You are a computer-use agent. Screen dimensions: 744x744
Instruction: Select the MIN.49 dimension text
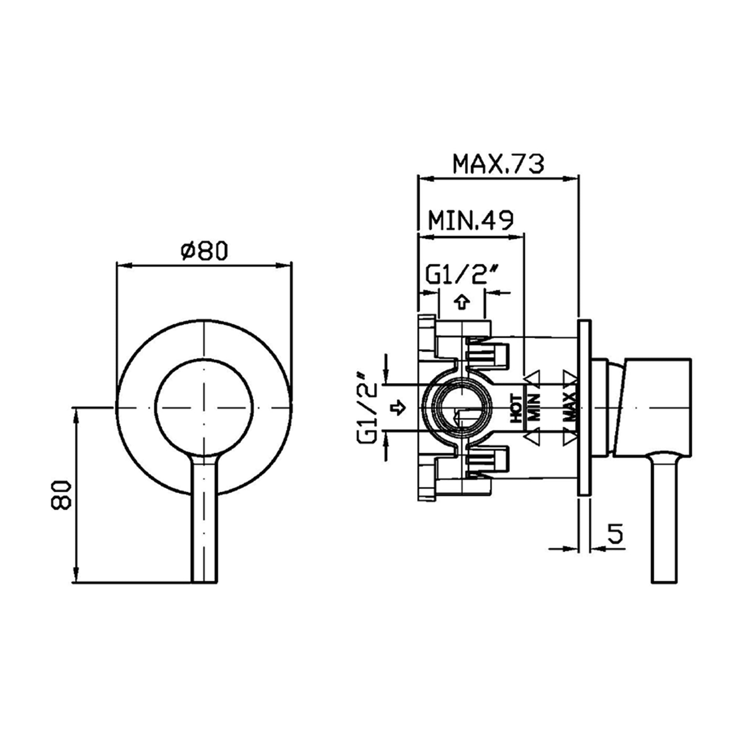point(471,220)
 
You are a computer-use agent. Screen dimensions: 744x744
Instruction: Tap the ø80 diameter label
point(205,251)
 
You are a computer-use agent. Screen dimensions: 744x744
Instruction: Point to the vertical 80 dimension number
point(61,495)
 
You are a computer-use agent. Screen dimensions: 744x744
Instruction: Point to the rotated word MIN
point(534,407)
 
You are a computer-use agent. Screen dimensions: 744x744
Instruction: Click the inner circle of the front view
point(204,408)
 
